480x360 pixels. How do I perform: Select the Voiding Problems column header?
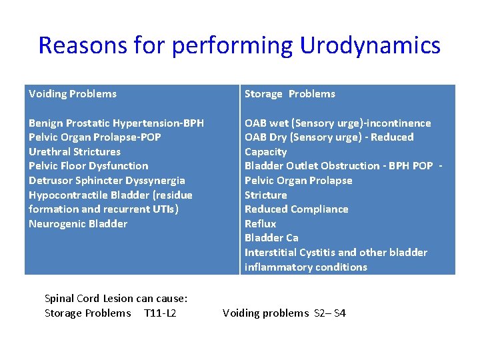click(73, 94)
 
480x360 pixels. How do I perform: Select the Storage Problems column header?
click(289, 94)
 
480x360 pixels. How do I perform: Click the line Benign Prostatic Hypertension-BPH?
click(116, 123)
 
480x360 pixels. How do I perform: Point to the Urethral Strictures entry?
click(75, 152)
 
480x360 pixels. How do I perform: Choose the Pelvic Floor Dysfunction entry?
click(88, 166)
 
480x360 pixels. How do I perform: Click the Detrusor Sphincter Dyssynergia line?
click(107, 181)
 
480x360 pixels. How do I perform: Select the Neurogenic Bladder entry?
click(77, 224)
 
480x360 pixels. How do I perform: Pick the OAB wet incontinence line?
click(337, 123)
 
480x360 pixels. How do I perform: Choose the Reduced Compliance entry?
click(296, 209)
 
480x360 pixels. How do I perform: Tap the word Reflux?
click(260, 224)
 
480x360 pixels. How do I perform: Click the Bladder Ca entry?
click(271, 238)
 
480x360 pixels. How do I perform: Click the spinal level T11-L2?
click(160, 313)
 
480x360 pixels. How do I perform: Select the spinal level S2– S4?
click(330, 313)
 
